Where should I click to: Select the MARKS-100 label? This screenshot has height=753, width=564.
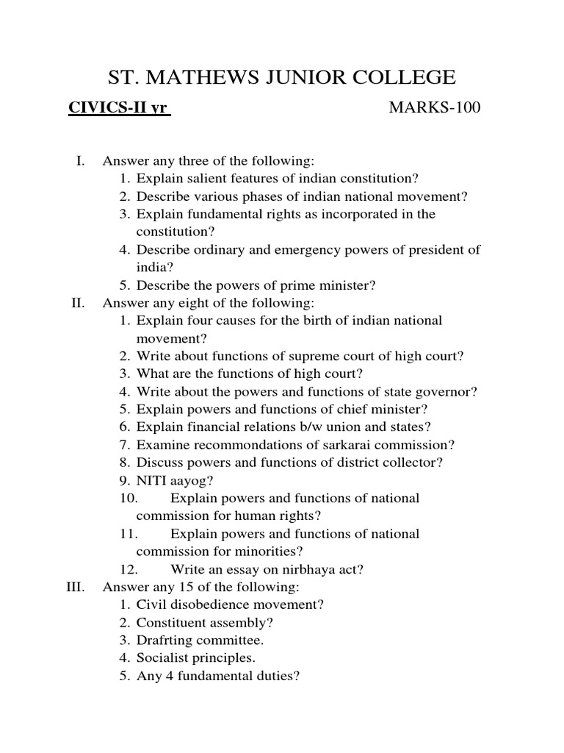coord(434,109)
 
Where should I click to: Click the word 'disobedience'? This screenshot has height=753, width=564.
coord(206,605)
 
